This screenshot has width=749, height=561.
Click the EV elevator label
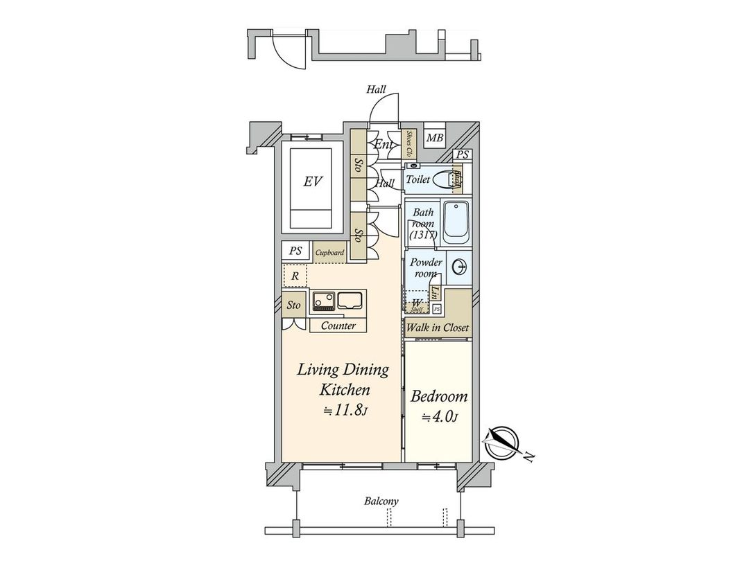click(312, 181)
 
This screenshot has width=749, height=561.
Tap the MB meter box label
click(434, 139)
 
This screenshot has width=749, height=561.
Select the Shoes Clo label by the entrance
click(410, 143)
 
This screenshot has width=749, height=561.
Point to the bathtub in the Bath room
click(456, 222)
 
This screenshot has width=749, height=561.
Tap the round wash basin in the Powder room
click(458, 267)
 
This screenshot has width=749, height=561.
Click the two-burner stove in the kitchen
click(322, 301)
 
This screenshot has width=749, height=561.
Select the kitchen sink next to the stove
click(350, 301)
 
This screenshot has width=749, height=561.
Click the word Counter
click(338, 326)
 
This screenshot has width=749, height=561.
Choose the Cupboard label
click(329, 253)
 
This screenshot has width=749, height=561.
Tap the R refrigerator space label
click(295, 276)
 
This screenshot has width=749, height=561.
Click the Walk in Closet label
click(438, 328)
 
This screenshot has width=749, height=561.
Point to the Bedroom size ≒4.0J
click(439, 417)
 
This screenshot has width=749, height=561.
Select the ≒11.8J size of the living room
click(344, 411)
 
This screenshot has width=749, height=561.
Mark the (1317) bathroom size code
click(422, 235)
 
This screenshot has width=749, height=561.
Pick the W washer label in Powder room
click(416, 303)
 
